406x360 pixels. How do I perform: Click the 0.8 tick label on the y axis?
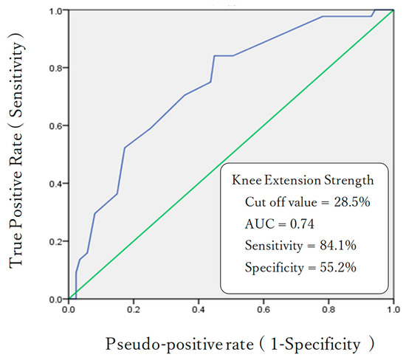coord(55,68)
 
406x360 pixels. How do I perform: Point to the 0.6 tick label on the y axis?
coord(55,126)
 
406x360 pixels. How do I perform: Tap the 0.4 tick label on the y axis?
coord(55,184)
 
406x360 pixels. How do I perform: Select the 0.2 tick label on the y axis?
coord(55,241)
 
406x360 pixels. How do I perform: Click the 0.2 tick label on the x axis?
coord(134,310)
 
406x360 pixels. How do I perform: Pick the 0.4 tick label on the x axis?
coord(199,310)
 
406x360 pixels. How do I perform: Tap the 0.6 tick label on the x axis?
coord(264,310)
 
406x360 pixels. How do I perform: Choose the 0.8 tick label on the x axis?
coord(328,310)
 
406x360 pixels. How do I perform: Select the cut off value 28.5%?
coord(352,202)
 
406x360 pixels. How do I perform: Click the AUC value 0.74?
coord(302,224)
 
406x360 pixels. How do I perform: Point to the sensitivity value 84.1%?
coord(338,246)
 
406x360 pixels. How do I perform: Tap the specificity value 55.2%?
coord(338,267)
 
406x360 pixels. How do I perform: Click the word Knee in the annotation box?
coord(247,180)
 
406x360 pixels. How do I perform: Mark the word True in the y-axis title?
coord(16,248)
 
